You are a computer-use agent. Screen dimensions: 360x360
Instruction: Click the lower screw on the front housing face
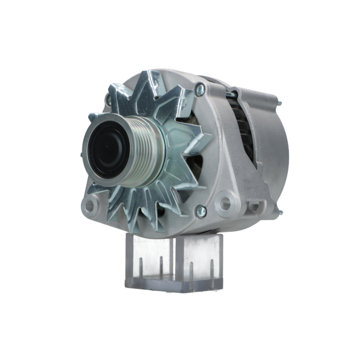tap(200, 211)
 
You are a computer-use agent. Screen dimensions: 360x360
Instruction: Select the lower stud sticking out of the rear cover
tap(280, 212)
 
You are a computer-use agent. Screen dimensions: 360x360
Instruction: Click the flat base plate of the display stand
tap(173, 284)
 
